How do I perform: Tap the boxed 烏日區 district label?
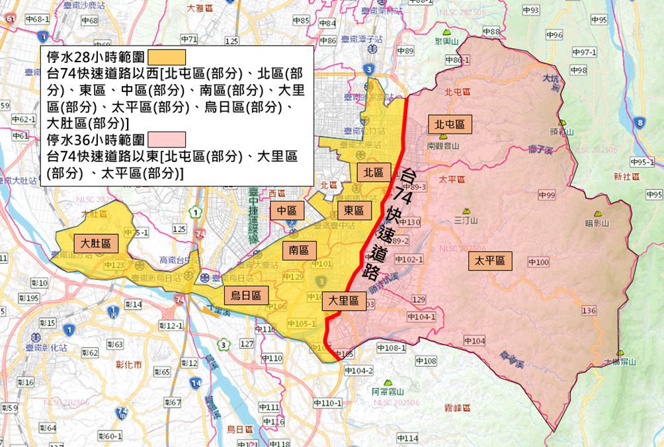coord(245,296)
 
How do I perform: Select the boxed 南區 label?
coord(300,250)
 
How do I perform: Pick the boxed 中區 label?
coord(287,211)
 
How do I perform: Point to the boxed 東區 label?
coord(354,211)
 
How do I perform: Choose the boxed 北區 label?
coord(374,173)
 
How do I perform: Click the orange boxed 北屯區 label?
coord(450,124)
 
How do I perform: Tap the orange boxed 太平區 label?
coord(490,261)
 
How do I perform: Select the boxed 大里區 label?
coord(345,302)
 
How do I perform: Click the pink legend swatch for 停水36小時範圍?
coord(167,140)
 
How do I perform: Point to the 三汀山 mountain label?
coord(467,220)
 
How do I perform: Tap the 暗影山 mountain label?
coord(597,223)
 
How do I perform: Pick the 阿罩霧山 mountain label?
coord(386,391)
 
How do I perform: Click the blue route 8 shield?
coord(640,124)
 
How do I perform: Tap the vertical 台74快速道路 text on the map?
coord(392,223)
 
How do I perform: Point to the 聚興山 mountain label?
coord(447,41)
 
